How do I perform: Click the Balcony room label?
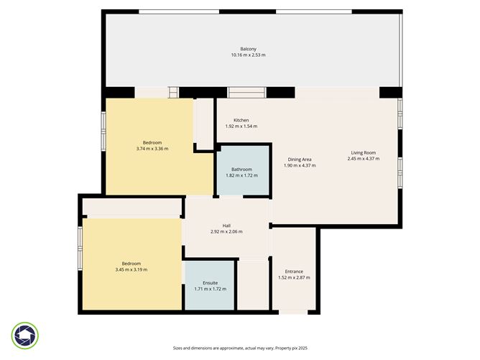pyautogui.click(x=249, y=49)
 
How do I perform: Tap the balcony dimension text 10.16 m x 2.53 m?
pyautogui.click(x=249, y=55)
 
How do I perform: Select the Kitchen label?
pyautogui.click(x=241, y=120)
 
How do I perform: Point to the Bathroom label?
pyautogui.click(x=242, y=170)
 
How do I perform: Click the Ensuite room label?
pyautogui.click(x=211, y=283)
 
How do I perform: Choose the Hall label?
pyautogui.click(x=226, y=226)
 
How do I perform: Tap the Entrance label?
pyautogui.click(x=294, y=272)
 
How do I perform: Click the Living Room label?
pyautogui.click(x=364, y=152)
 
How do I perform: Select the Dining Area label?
pyautogui.click(x=300, y=160)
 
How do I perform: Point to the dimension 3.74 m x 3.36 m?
pyautogui.click(x=152, y=149)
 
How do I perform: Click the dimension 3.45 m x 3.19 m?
pyautogui.click(x=131, y=269)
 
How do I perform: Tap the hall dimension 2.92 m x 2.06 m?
pyautogui.click(x=226, y=231)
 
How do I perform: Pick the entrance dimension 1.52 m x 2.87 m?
pyautogui.click(x=294, y=277)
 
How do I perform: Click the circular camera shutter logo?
pyautogui.click(x=25, y=336)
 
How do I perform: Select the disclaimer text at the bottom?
pyautogui.click(x=240, y=348)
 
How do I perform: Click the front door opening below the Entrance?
pyautogui.click(x=293, y=313)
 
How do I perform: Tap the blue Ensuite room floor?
pyautogui.click(x=209, y=285)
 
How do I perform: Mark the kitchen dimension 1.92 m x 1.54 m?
pyautogui.click(x=241, y=126)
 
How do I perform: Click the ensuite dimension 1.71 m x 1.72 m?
pyautogui.click(x=211, y=289)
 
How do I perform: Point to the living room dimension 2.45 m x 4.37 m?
pyautogui.click(x=364, y=159)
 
